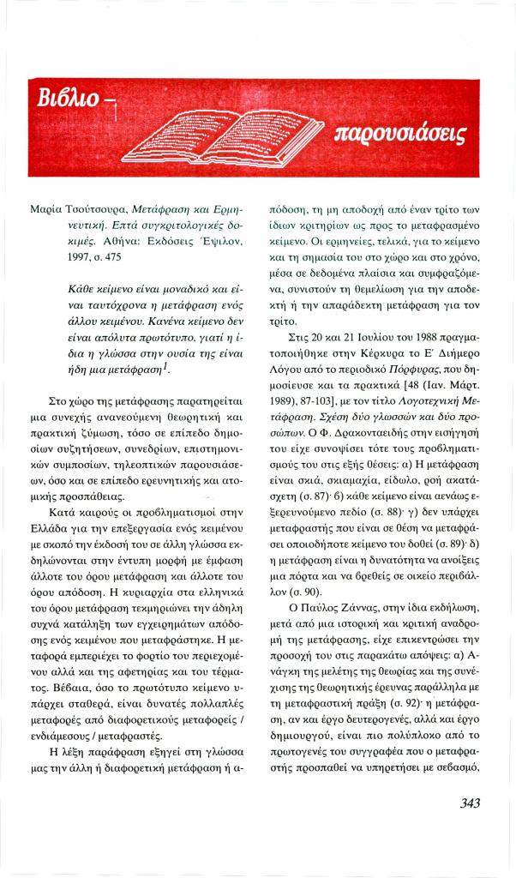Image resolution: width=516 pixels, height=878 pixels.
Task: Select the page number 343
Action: point(465,803)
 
